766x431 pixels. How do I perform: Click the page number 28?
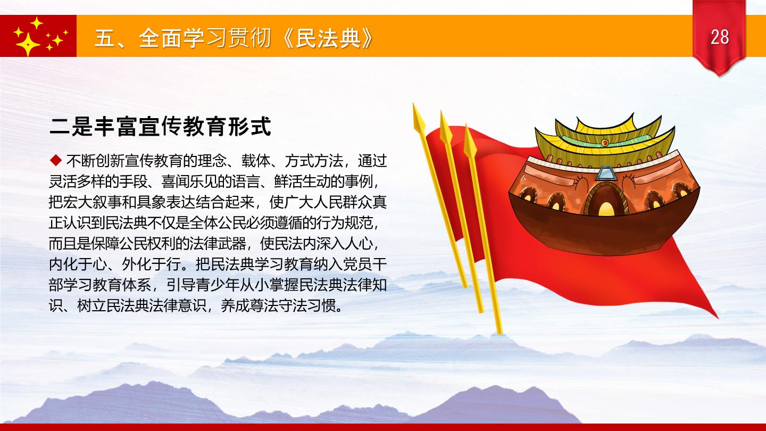pyautogui.click(x=720, y=37)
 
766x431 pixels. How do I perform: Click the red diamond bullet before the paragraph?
pyautogui.click(x=55, y=160)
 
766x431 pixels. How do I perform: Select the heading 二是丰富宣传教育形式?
pyautogui.click(x=160, y=127)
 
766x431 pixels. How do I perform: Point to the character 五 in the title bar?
pyautogui.click(x=105, y=38)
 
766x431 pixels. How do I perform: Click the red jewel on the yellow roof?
pyautogui.click(x=605, y=142)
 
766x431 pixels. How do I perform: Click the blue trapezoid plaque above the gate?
pyautogui.click(x=605, y=173)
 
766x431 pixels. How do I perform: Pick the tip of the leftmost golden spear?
pyautogui.click(x=413, y=103)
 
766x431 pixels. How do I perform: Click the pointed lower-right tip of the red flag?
pyautogui.click(x=718, y=318)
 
